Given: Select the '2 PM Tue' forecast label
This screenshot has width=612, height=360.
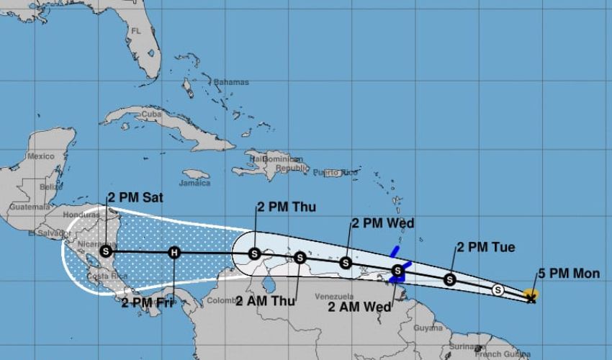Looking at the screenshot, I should click(x=486, y=248).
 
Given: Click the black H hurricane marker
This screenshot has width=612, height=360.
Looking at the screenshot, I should click(x=174, y=252).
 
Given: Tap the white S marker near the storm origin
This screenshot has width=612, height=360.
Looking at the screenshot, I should click(x=498, y=289).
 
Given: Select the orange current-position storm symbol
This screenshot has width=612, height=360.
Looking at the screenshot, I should click(x=531, y=294).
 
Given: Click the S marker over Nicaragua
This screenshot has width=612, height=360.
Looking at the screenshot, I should click(x=107, y=251).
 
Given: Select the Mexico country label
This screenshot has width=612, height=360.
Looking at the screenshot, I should click(x=40, y=156).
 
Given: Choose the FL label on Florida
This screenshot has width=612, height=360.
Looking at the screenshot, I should click(x=135, y=31).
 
